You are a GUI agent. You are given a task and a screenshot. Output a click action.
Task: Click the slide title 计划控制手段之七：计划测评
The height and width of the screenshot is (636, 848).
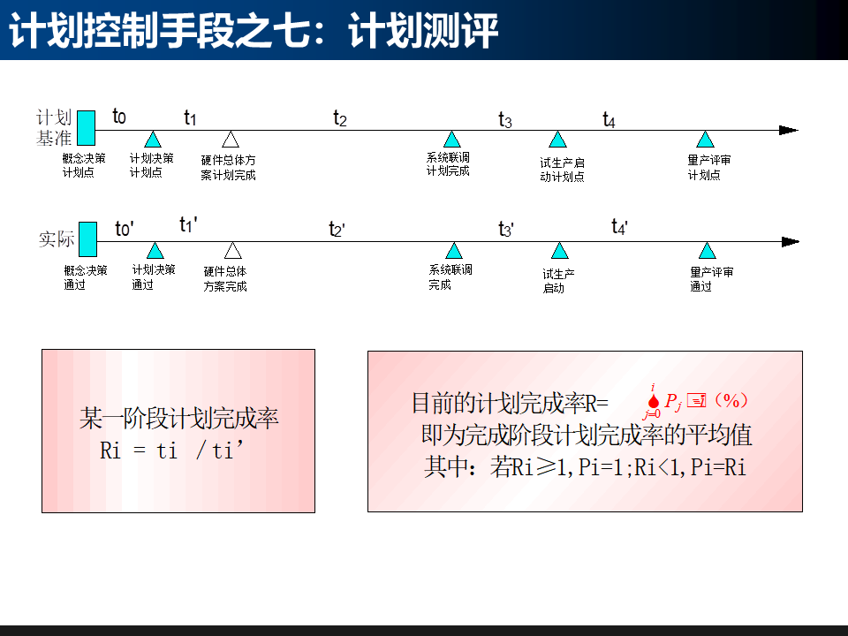pyautogui.click(x=254, y=32)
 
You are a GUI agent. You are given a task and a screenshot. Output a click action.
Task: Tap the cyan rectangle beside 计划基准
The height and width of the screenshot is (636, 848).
pyautogui.click(x=86, y=127)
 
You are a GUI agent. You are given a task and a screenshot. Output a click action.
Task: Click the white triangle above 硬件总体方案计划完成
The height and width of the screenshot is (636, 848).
pyautogui.click(x=230, y=140)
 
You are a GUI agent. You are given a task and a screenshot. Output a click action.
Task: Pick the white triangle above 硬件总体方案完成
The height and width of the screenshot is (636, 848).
pyautogui.click(x=232, y=251)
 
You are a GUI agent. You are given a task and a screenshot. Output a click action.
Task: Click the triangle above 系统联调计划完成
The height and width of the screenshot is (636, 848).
pyautogui.click(x=452, y=140)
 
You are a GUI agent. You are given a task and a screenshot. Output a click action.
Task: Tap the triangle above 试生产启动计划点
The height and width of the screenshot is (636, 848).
pyautogui.click(x=556, y=140)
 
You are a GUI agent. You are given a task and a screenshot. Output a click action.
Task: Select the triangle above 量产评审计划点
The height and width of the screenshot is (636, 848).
pyautogui.click(x=704, y=140)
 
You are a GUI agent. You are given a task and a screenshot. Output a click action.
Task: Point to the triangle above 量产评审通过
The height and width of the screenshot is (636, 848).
pyautogui.click(x=707, y=251)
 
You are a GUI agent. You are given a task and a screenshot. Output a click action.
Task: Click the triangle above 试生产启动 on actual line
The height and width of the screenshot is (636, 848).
pyautogui.click(x=559, y=251)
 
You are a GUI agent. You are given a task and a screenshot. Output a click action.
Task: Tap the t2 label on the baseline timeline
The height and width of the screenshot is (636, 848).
pyautogui.click(x=340, y=117)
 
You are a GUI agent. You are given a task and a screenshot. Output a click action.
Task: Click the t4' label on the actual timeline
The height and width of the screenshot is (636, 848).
pyautogui.click(x=620, y=227)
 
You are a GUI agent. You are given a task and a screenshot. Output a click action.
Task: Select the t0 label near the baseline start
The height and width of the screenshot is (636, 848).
pyautogui.click(x=119, y=116)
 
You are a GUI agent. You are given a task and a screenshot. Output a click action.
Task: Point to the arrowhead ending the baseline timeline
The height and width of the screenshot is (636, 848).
pyautogui.click(x=788, y=131)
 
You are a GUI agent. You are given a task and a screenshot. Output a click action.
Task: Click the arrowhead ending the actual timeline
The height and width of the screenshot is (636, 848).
pyautogui.click(x=790, y=242)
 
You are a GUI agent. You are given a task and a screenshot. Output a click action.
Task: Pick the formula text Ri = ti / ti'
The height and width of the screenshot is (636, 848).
pyautogui.click(x=171, y=450)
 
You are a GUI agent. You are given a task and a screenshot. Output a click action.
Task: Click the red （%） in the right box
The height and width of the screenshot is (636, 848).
pyautogui.click(x=731, y=400)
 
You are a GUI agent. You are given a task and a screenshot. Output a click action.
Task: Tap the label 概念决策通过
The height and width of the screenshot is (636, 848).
pyautogui.click(x=85, y=277)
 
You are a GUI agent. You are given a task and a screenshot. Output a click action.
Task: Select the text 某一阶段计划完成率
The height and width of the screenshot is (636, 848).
pyautogui.click(x=179, y=418)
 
